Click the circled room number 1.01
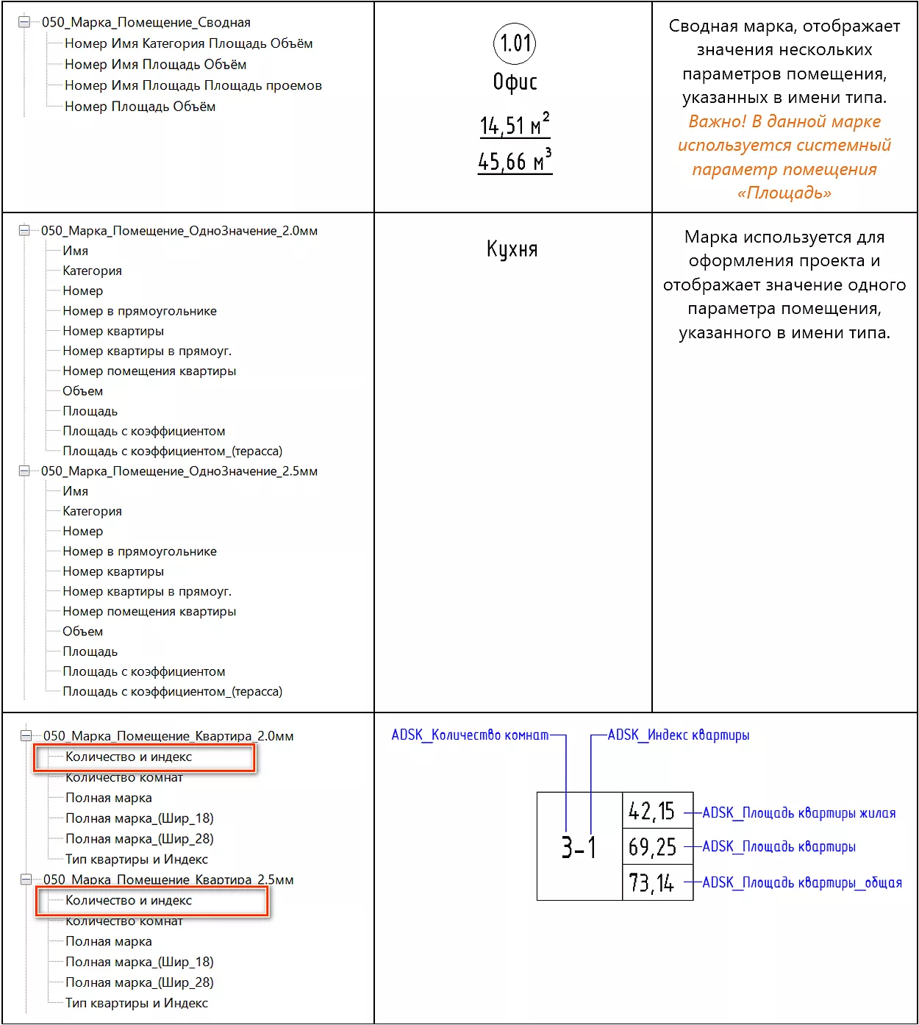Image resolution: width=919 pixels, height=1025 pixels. click(x=515, y=43)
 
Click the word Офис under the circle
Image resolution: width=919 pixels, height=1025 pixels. click(x=515, y=82)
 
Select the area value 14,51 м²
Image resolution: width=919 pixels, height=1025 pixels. click(x=515, y=125)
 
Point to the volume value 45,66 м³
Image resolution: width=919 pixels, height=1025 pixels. click(x=515, y=161)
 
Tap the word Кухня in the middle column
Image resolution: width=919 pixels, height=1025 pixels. click(x=512, y=249)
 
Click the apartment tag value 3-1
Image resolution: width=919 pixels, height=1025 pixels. click(x=579, y=847)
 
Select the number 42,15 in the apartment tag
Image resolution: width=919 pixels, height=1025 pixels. click(x=651, y=811)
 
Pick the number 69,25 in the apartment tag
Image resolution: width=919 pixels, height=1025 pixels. click(x=652, y=847)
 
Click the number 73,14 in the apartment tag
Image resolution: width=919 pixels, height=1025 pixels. click(x=651, y=882)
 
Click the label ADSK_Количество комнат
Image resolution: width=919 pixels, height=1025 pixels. click(x=470, y=735)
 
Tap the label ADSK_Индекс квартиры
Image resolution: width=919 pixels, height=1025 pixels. click(x=679, y=735)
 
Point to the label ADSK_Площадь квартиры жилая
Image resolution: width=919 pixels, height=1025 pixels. click(x=799, y=813)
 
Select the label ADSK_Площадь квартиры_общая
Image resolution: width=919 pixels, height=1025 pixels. click(x=802, y=882)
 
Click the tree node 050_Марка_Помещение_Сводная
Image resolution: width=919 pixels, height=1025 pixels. click(x=146, y=22)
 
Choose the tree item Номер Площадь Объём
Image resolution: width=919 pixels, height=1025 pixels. click(x=140, y=107)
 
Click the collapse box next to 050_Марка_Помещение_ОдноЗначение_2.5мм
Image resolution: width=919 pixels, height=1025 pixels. click(x=24, y=471)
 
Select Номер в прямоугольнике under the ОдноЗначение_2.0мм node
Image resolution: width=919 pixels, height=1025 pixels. click(x=140, y=311)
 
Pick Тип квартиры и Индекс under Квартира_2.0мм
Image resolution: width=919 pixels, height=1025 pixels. click(x=137, y=859)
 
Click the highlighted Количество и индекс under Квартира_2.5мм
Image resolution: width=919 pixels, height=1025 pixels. click(x=129, y=900)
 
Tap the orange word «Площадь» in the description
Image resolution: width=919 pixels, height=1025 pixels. click(x=784, y=193)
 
